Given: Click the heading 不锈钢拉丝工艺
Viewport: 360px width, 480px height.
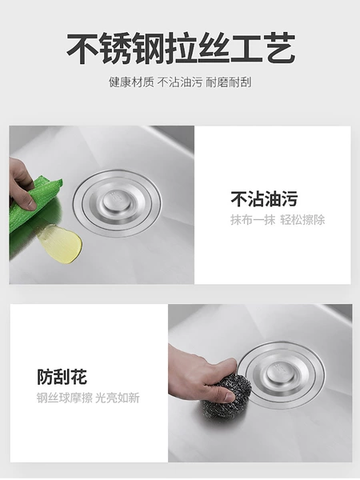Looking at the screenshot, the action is [x=181, y=48].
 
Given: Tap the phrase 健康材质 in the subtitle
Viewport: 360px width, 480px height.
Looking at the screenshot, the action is [x=131, y=82].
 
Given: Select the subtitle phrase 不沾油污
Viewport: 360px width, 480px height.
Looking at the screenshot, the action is [x=180, y=82].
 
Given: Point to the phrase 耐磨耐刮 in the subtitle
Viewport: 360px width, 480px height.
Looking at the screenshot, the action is [x=228, y=82].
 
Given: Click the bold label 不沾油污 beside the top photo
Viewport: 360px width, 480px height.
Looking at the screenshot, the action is [x=264, y=199].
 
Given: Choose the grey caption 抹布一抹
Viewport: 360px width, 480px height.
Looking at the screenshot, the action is [x=253, y=220].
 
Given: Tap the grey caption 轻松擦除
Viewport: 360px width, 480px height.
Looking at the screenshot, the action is [x=302, y=220].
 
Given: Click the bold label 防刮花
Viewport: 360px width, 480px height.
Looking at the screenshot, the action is [x=62, y=377].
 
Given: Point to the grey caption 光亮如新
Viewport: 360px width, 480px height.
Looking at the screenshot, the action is [x=118, y=398].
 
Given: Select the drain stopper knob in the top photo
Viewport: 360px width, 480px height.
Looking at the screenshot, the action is [x=117, y=200].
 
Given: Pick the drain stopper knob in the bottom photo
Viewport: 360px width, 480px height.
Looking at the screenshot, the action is [x=280, y=374].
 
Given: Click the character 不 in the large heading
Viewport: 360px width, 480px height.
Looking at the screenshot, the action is [x=83, y=48].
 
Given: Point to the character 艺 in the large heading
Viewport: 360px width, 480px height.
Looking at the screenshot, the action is [x=279, y=48].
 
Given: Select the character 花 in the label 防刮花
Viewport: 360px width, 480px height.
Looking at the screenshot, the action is [x=79, y=377].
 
